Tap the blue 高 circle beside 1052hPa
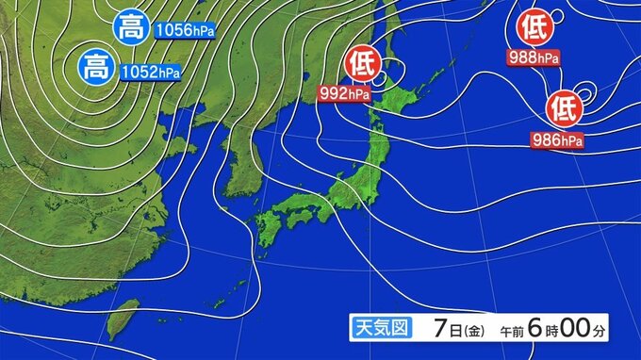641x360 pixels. pyautogui.click(x=95, y=67)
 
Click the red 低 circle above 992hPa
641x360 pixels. pyautogui.click(x=361, y=64)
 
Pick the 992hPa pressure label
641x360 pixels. pyautogui.click(x=346, y=92)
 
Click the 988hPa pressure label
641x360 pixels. pyautogui.click(x=534, y=57)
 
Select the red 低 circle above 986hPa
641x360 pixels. pyautogui.click(x=564, y=107)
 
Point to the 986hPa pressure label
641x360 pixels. pyautogui.click(x=557, y=140)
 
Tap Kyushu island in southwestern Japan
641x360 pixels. pyautogui.click(x=269, y=229)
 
